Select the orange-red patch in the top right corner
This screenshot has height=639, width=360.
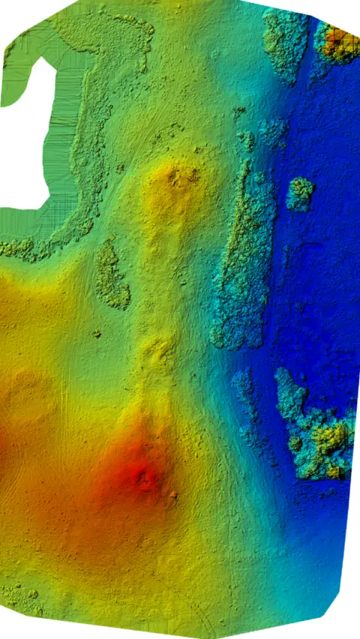coord(340,43)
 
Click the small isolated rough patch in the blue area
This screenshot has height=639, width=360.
coord(300,194)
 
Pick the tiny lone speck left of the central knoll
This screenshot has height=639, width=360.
coord(97,334)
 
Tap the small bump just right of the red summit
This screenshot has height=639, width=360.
coord(173,494)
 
